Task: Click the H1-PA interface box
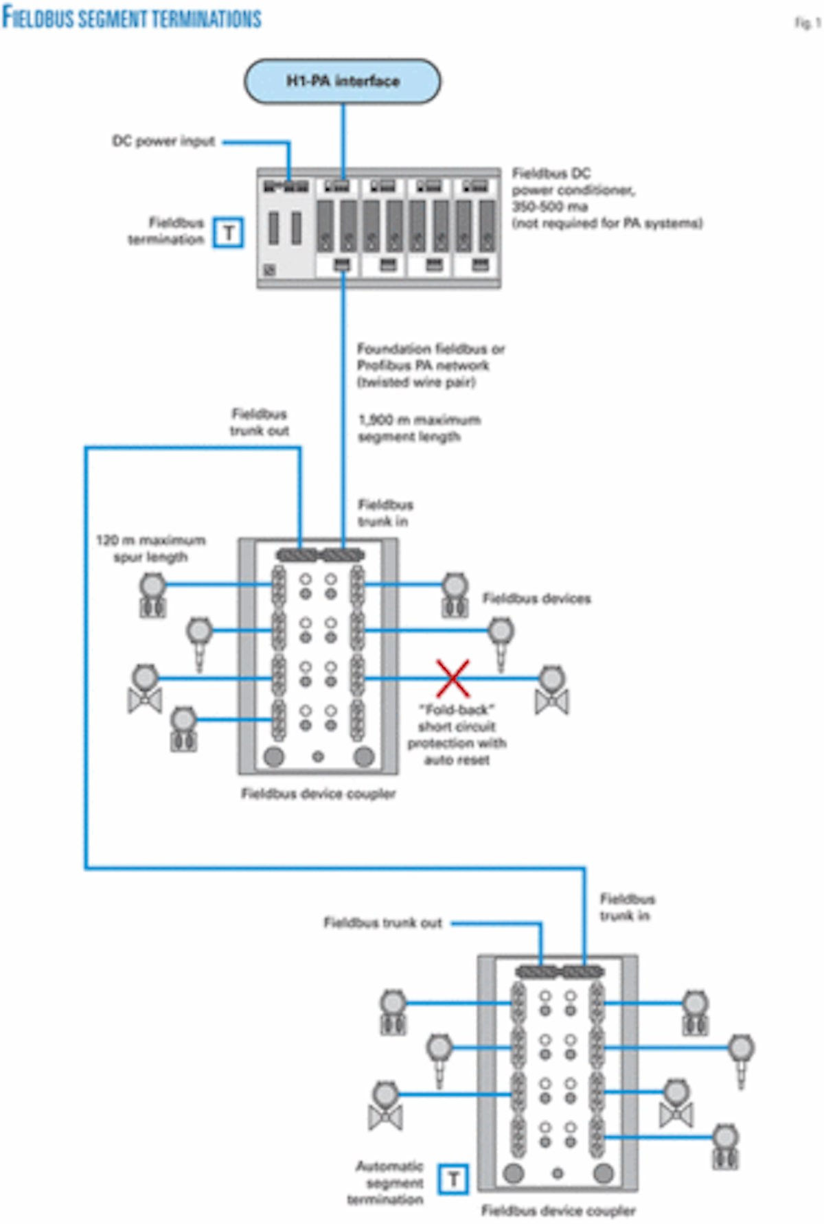click(x=343, y=81)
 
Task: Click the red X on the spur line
click(x=453, y=678)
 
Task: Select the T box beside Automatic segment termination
click(x=453, y=1179)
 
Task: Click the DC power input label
click(x=163, y=141)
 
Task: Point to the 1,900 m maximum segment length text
click(x=418, y=428)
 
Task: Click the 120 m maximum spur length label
click(x=150, y=549)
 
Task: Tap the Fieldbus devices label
click(x=536, y=599)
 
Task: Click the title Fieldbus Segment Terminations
click(x=132, y=18)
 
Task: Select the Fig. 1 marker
click(x=808, y=23)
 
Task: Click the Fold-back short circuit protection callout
click(x=457, y=735)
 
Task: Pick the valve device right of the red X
click(x=552, y=690)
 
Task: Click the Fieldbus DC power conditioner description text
click(x=606, y=198)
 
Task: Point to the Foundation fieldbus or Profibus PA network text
click(x=431, y=365)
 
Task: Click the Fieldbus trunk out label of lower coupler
click(x=382, y=923)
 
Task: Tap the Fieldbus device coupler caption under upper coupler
click(x=318, y=794)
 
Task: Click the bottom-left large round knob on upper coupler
click(x=274, y=757)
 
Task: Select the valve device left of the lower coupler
click(x=385, y=1106)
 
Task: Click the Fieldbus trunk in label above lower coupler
click(x=627, y=907)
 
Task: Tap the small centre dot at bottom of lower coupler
click(x=558, y=1173)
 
